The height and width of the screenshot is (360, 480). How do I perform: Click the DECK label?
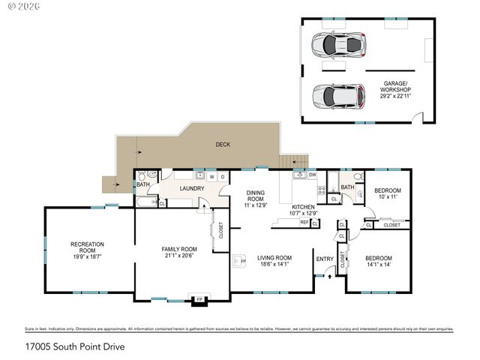click(x=223, y=144)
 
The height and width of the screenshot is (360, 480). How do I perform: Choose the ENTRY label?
click(x=325, y=259)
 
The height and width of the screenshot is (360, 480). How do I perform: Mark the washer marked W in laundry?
click(x=212, y=177)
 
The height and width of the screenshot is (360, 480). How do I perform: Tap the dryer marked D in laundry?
click(x=223, y=177)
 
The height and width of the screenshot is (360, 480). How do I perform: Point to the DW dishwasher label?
click(x=313, y=175)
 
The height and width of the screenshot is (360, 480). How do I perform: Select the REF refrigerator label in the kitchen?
click(x=304, y=223)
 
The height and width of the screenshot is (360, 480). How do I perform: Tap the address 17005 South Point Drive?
click(x=73, y=347)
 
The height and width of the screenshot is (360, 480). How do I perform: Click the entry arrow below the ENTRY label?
click(x=328, y=276)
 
